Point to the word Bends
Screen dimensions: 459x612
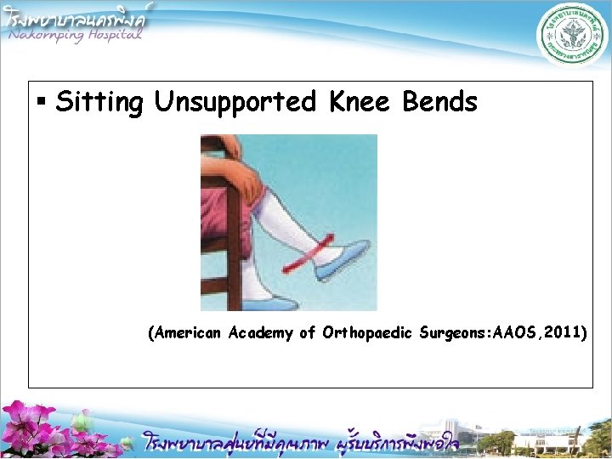(x=440, y=103)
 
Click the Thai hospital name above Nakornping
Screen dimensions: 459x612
(x=76, y=14)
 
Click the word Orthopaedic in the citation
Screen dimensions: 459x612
(x=369, y=333)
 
